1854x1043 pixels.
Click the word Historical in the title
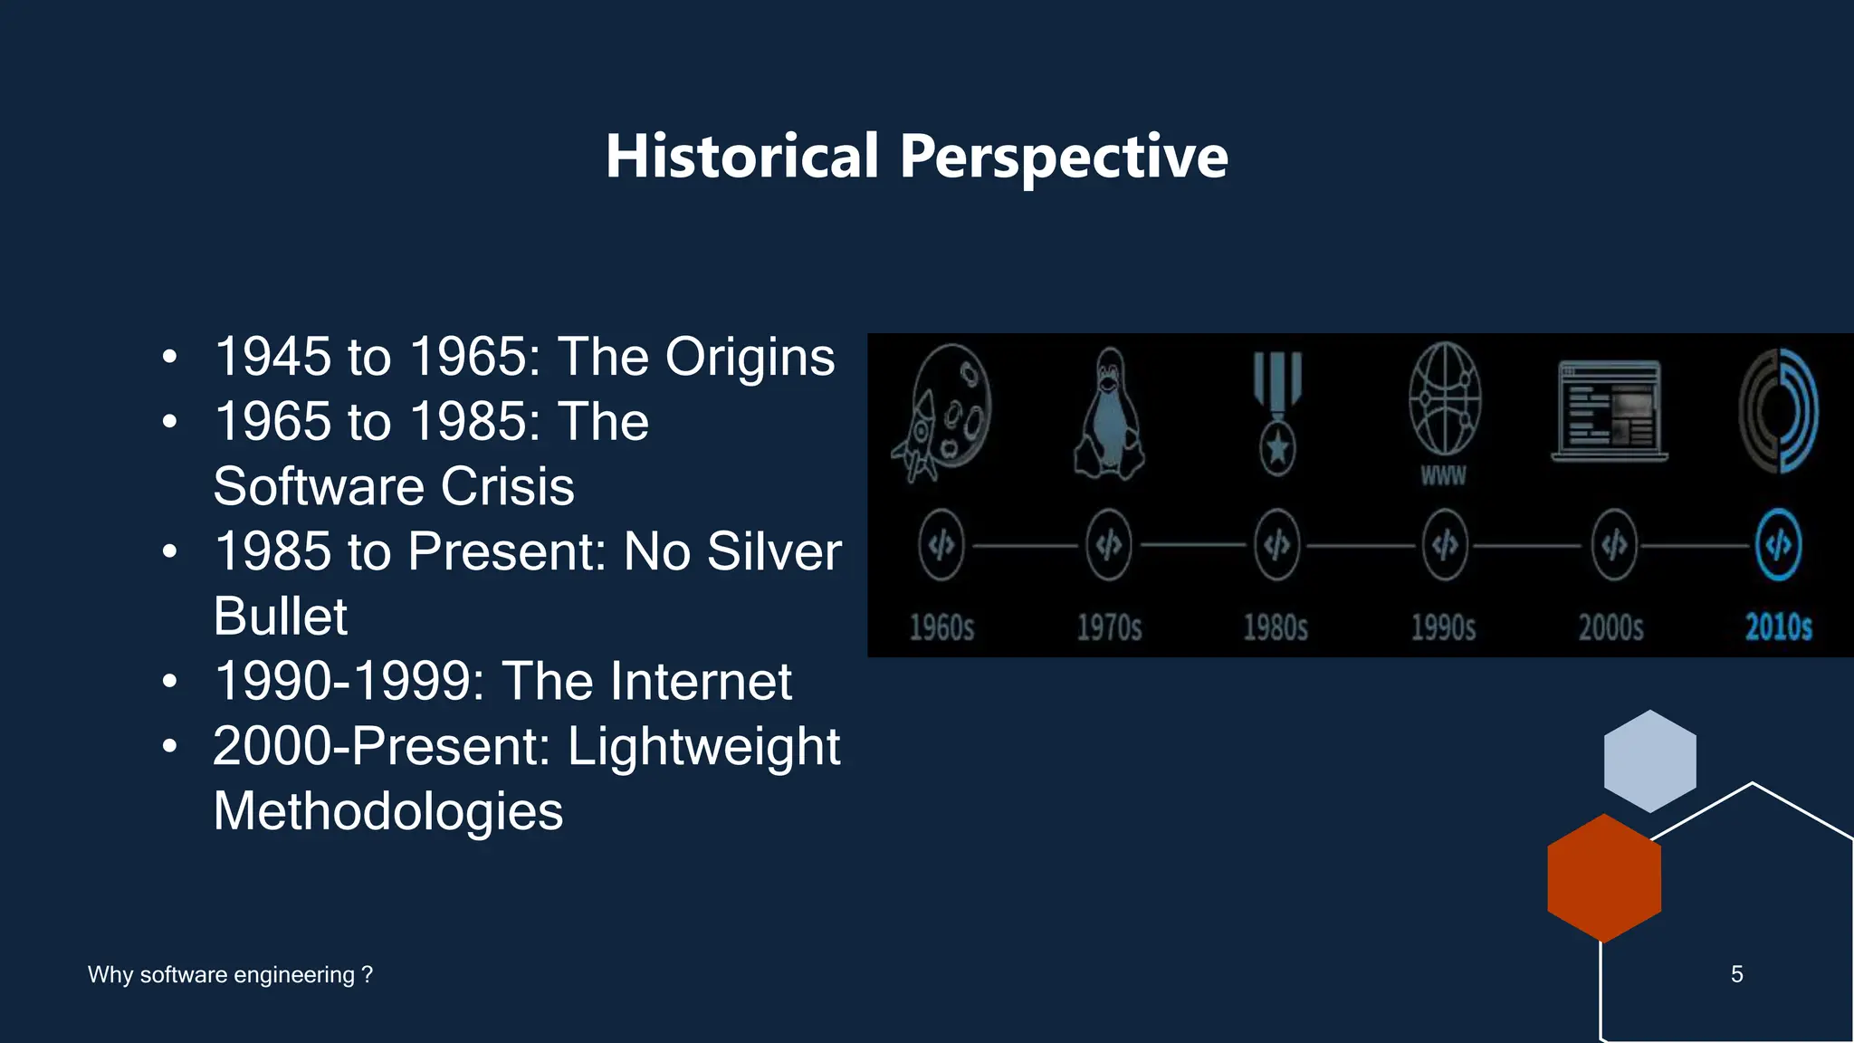click(x=741, y=157)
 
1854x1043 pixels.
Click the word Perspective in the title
click(x=1064, y=157)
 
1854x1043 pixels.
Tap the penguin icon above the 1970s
click(x=1109, y=414)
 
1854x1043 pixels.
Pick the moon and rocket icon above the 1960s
click(x=943, y=412)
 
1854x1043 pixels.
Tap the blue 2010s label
click(x=1778, y=627)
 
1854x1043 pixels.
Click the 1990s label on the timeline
click(x=1443, y=627)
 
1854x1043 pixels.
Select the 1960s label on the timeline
click(x=941, y=627)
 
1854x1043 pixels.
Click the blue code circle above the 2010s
click(x=1778, y=545)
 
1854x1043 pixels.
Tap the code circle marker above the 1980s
click(x=1276, y=545)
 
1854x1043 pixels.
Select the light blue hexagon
click(x=1649, y=761)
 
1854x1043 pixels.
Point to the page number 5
click(x=1736, y=974)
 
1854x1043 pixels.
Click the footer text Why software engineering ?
click(x=230, y=974)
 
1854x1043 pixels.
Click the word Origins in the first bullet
click(x=750, y=357)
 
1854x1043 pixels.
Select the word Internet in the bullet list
click(x=701, y=681)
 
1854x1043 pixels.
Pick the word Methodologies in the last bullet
click(x=388, y=810)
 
